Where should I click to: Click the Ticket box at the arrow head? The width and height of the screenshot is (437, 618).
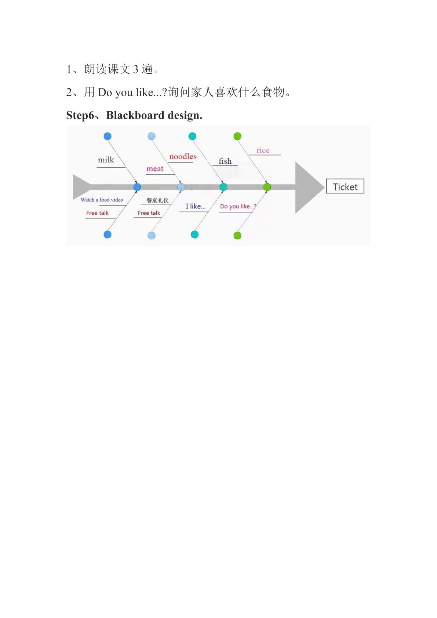click(x=345, y=186)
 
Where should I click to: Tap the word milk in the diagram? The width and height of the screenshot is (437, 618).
click(x=106, y=160)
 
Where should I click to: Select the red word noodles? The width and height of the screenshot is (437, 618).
click(x=183, y=156)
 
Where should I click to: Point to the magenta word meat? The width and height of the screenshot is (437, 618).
click(x=155, y=168)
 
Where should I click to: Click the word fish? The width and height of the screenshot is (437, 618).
click(x=225, y=161)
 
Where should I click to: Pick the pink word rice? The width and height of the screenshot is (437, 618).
click(x=263, y=150)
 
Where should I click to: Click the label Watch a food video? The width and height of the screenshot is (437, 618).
click(x=102, y=200)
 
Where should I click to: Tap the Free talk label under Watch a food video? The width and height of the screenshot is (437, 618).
click(x=97, y=213)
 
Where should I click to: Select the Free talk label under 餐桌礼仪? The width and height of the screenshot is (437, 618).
click(x=149, y=213)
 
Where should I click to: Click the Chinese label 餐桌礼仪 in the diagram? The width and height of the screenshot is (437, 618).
click(x=157, y=200)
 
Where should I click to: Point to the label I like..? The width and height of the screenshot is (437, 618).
click(x=196, y=206)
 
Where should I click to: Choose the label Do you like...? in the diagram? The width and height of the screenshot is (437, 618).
click(x=238, y=206)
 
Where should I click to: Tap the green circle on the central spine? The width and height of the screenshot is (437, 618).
click(x=267, y=187)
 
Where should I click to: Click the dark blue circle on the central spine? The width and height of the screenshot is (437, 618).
click(x=137, y=187)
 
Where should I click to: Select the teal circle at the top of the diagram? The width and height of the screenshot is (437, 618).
click(x=192, y=136)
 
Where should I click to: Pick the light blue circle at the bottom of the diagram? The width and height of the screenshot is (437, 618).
click(x=152, y=235)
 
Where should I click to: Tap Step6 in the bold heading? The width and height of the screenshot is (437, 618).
click(x=80, y=115)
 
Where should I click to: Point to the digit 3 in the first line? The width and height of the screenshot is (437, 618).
click(x=136, y=69)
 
